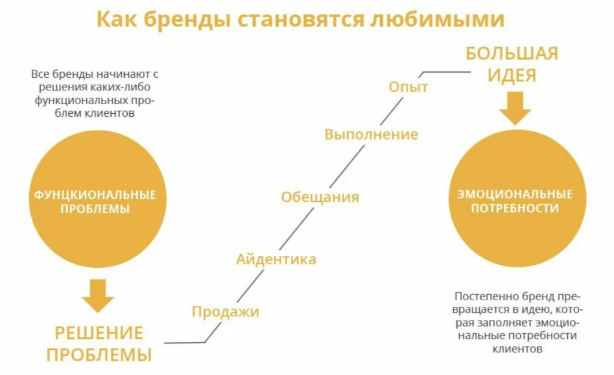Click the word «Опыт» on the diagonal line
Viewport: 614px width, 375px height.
pos(408,87)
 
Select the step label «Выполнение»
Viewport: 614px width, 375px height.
pos(371,134)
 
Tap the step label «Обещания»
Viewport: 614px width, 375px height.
pos(320,196)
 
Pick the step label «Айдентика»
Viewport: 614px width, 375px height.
pos(276,259)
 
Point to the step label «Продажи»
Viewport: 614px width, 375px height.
pos(225,312)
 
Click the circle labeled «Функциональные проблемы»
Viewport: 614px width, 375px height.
pos(98,199)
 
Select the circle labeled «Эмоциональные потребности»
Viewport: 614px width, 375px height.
pos(517,198)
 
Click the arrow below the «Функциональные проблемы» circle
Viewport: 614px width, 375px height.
pos(98,295)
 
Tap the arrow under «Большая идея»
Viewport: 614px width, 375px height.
pos(515,108)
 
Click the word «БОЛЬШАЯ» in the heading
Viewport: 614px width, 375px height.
pos(512,53)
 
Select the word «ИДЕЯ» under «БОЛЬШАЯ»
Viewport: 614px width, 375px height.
pos(512,75)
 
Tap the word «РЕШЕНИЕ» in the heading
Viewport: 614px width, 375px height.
pos(99,333)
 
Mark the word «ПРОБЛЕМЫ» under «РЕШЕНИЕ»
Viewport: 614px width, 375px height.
pos(99,355)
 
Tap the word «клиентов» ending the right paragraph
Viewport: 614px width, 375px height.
pos(517,349)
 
